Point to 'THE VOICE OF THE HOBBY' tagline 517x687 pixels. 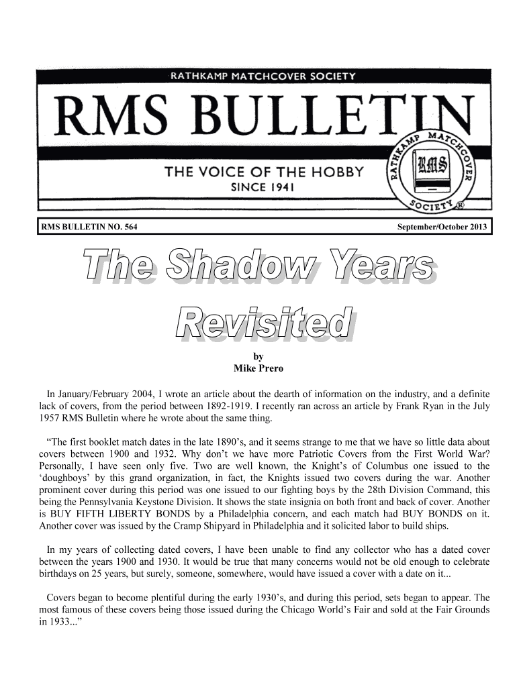coord(265,172)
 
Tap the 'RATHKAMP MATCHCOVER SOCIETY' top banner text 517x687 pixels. coord(263,76)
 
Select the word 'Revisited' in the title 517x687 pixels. coord(264,323)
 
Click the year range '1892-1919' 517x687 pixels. coord(224,407)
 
